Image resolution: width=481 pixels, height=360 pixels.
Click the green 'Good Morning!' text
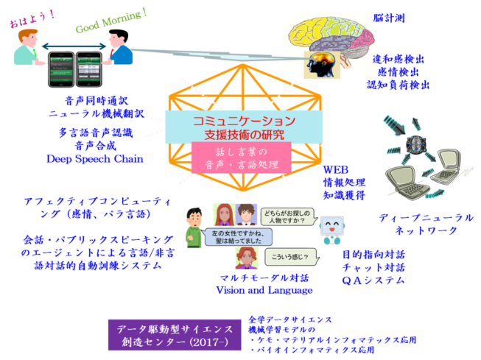pyautogui.click(x=110, y=21)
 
